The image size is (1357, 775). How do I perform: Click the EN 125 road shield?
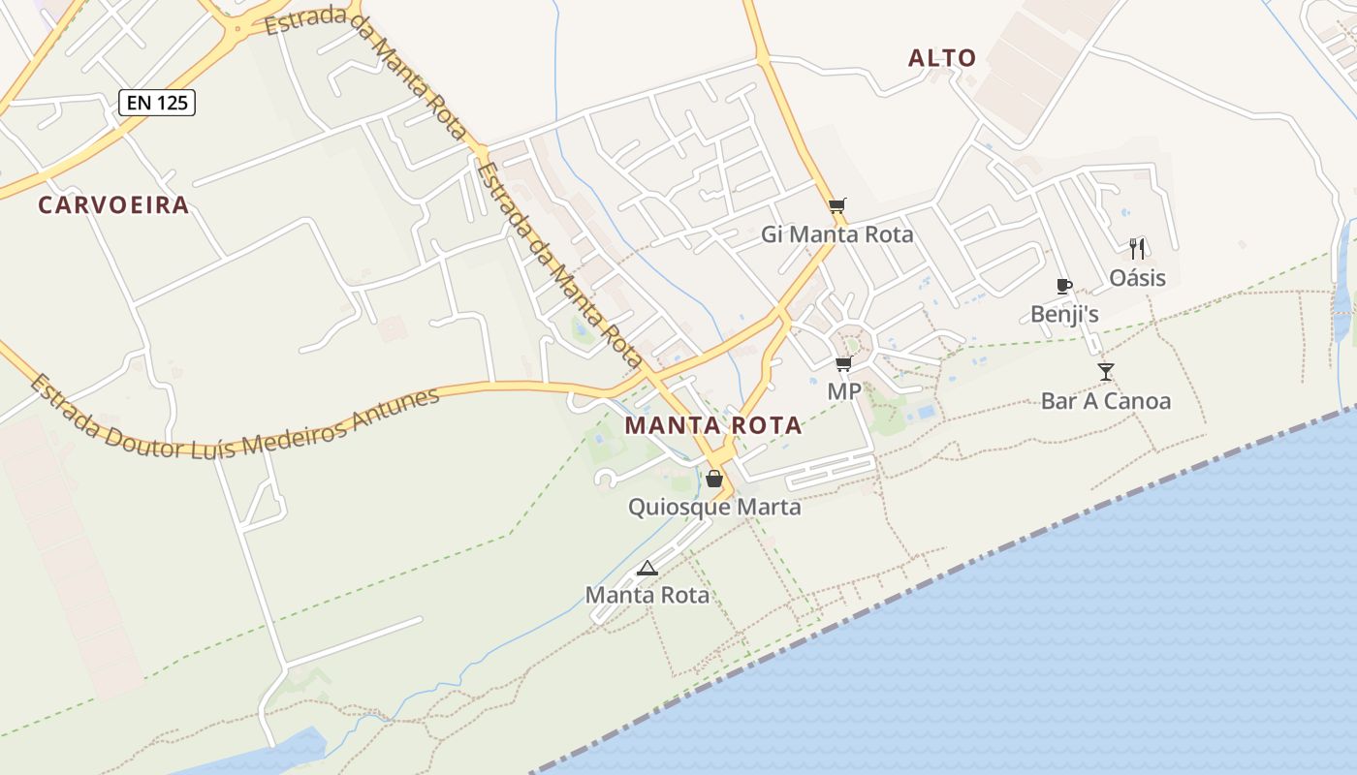click(x=157, y=102)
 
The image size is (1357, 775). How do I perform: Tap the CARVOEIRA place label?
click(x=113, y=205)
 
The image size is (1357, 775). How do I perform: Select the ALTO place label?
click(x=942, y=58)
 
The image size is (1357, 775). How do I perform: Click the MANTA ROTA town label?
click(x=712, y=425)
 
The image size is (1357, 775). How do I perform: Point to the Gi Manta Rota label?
click(x=837, y=234)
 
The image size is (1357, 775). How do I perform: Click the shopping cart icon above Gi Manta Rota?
click(x=837, y=205)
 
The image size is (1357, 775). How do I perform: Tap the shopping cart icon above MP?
click(x=843, y=363)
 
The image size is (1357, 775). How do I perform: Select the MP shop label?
click(x=843, y=392)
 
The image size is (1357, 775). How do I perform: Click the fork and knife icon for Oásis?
click(x=1138, y=249)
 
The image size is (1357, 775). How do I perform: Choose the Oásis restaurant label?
click(x=1138, y=279)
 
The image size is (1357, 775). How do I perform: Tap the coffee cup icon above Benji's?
click(x=1063, y=286)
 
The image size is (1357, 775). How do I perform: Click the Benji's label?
click(x=1064, y=315)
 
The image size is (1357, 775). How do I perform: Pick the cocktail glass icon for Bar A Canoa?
click(x=1106, y=371)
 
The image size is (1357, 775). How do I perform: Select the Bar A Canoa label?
click(x=1106, y=401)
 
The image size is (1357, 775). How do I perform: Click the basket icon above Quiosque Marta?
click(x=714, y=479)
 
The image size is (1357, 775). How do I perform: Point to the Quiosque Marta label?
click(x=714, y=507)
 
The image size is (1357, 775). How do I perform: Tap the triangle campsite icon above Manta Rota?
click(x=647, y=568)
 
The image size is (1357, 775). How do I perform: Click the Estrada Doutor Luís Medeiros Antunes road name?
click(x=233, y=418)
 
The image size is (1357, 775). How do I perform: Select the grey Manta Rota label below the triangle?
click(x=647, y=595)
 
